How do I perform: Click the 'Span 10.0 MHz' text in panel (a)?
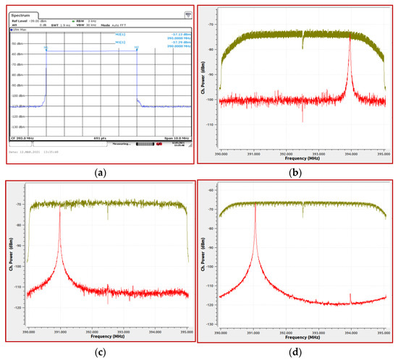pos(177,137)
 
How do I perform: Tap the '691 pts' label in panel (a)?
pos(102,137)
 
